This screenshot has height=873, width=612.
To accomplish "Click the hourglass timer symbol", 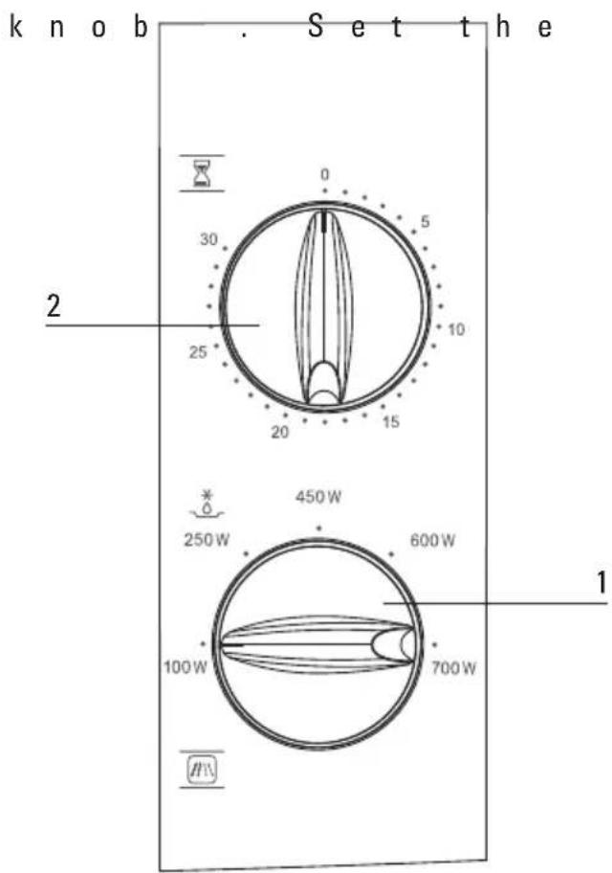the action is (202, 173).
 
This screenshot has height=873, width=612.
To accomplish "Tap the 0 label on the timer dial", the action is (325, 175).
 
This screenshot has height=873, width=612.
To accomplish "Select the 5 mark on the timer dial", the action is (426, 221).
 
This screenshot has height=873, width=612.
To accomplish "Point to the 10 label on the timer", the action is (456, 329).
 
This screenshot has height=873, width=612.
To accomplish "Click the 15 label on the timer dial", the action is (390, 422).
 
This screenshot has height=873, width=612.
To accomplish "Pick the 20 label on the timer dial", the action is (280, 432).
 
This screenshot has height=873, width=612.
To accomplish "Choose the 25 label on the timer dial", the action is (198, 352).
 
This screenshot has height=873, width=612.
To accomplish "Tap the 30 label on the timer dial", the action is (208, 239).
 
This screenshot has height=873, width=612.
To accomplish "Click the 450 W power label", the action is (318, 497).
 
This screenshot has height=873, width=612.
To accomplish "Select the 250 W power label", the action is (207, 540).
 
